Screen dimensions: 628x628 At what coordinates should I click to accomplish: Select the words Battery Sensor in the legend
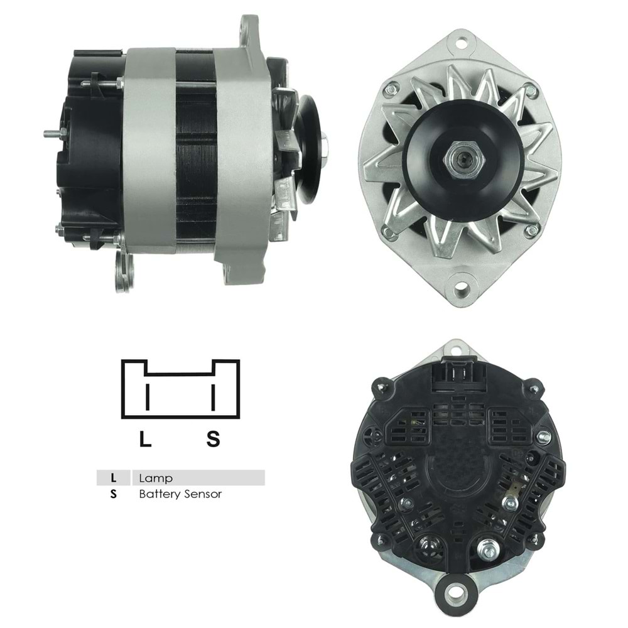point(180,494)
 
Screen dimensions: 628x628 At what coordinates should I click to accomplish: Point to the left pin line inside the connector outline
point(148,397)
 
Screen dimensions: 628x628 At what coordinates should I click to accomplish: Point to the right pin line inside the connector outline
point(214,397)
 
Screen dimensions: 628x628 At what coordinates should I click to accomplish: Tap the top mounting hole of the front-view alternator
point(462,43)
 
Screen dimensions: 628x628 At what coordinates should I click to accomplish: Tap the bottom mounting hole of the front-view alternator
point(462,290)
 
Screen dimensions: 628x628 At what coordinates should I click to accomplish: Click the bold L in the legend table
point(113,478)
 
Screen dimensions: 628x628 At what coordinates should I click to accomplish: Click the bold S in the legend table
point(113,494)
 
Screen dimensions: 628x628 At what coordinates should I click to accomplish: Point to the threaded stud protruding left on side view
point(53,133)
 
